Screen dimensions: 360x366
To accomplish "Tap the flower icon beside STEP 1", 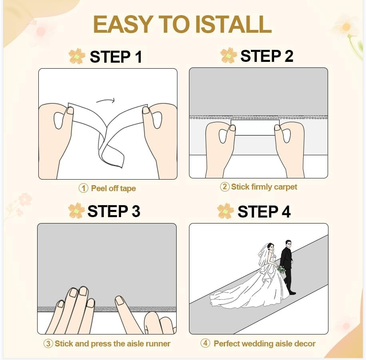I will (76, 57).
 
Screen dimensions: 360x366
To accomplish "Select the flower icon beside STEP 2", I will (229, 55).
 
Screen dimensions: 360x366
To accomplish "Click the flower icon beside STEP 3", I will (76, 211).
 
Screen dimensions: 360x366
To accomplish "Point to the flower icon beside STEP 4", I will (225, 211).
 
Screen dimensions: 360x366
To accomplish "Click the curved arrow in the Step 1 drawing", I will (105, 101).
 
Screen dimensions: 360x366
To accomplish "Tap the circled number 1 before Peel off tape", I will (83, 188).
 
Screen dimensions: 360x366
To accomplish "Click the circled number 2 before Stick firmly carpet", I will (225, 186).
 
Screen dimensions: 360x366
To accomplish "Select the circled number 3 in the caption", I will (48, 343).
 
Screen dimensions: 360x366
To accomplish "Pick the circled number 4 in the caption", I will (205, 343).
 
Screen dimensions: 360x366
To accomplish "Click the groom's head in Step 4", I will (288, 243).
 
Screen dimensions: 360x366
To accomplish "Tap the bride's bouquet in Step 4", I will (282, 269).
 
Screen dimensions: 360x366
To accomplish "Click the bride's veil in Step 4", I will (263, 255).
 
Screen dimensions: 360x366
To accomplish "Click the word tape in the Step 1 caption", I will (128, 188).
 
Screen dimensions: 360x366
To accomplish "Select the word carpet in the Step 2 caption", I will (285, 187).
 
